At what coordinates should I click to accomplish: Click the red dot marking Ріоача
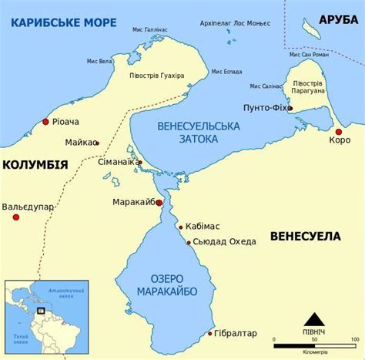click(x=46, y=122)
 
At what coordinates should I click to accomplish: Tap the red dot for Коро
click(x=338, y=132)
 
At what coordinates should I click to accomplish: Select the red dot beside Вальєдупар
click(x=15, y=217)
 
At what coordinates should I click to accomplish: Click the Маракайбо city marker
click(x=159, y=203)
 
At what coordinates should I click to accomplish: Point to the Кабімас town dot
click(x=181, y=227)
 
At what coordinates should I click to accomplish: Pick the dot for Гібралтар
click(x=210, y=334)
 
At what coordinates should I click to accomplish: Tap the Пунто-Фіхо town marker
click(x=290, y=109)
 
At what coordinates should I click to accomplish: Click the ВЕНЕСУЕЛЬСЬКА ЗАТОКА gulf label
click(x=187, y=132)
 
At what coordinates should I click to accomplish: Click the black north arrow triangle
click(x=313, y=318)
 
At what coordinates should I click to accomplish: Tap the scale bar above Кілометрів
click(x=311, y=338)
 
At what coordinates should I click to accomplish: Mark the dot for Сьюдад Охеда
click(x=189, y=242)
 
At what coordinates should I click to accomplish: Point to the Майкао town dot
click(x=97, y=143)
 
